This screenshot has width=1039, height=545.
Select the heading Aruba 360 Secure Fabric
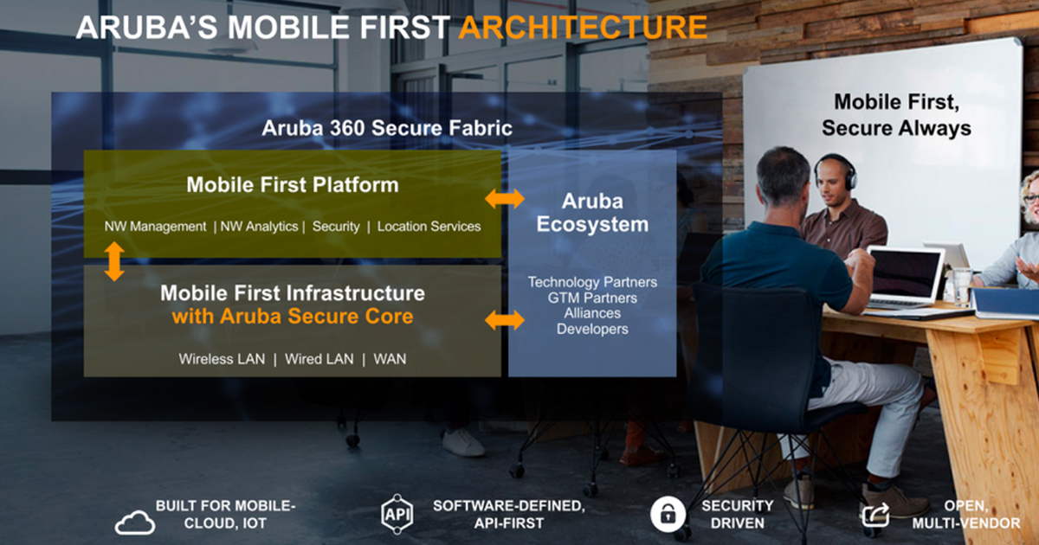coord(387,128)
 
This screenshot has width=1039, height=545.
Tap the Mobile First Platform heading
coord(293,184)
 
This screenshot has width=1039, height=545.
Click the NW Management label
coord(155,227)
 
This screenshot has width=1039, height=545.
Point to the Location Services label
coord(429,227)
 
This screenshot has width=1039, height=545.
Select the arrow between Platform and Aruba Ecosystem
coord(504,199)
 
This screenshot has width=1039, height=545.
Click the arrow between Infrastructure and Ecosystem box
coord(504,320)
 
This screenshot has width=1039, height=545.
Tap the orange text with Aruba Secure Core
coord(293,317)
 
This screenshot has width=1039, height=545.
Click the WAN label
coord(390,359)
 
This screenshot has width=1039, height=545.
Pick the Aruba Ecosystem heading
coord(592,213)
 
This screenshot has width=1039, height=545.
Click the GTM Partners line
coord(592,298)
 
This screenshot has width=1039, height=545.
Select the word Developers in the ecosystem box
coord(592,329)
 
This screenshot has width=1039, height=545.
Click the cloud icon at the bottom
coord(135,522)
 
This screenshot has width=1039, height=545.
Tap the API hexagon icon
coord(397,514)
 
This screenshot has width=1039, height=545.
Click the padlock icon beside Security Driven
coord(668,514)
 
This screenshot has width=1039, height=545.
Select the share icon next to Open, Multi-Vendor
coord(875,515)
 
